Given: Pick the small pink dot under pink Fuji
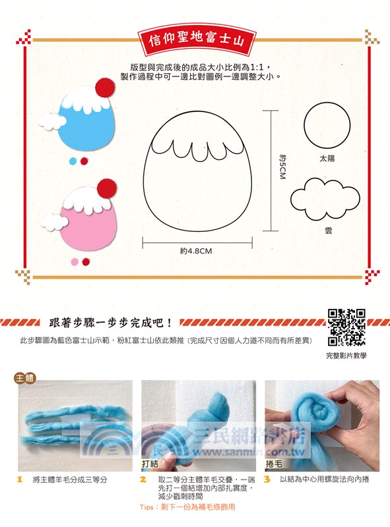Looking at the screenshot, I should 74,262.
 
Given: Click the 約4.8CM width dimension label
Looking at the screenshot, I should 195,251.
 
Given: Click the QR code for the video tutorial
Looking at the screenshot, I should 346,327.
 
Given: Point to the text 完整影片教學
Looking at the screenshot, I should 346,355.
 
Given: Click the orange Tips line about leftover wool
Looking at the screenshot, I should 187,508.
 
